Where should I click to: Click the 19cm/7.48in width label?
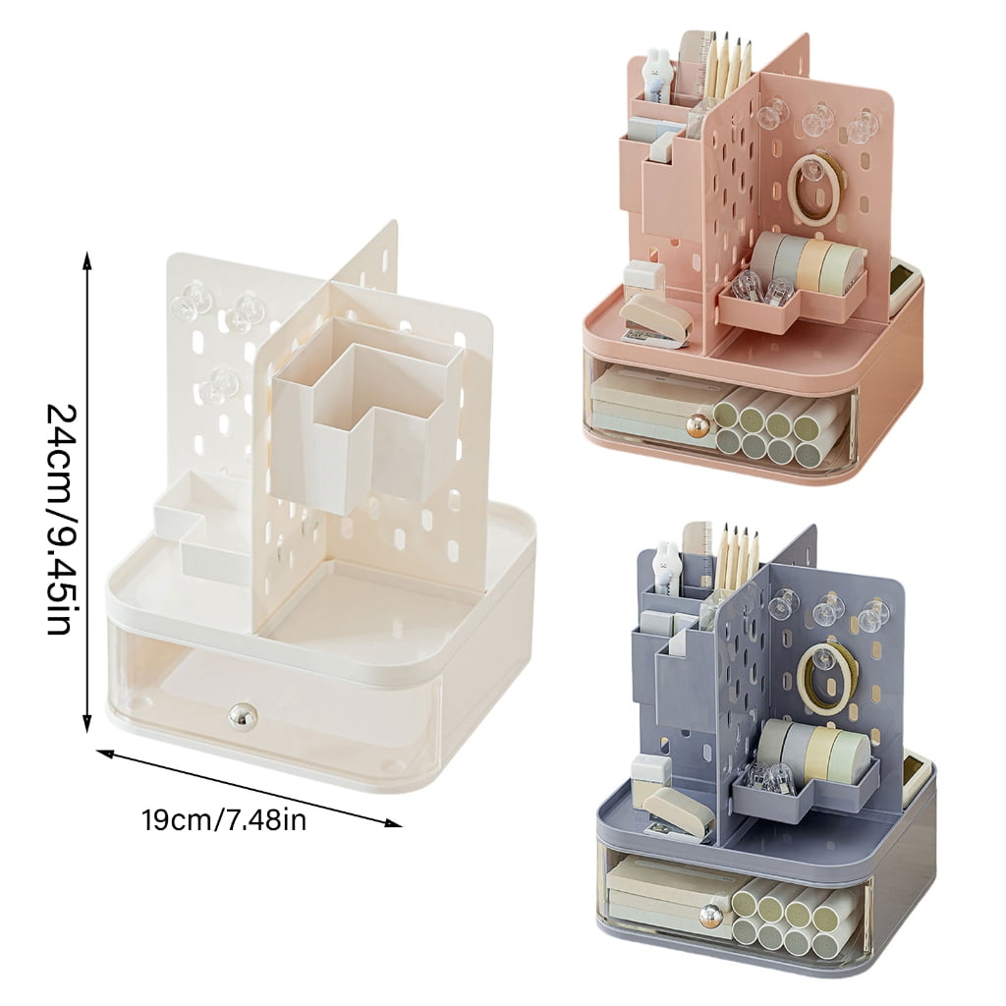(224, 820)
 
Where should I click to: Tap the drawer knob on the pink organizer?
(697, 427)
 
